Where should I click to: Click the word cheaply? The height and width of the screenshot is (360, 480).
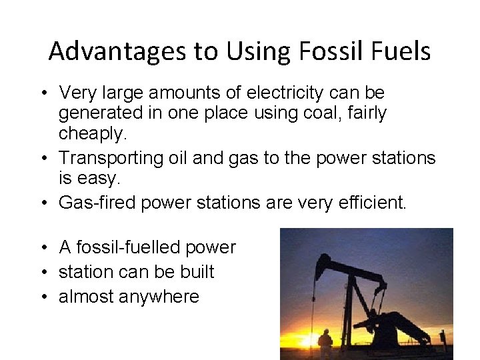pos(91,133)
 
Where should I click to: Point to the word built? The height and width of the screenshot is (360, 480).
pos(197,272)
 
